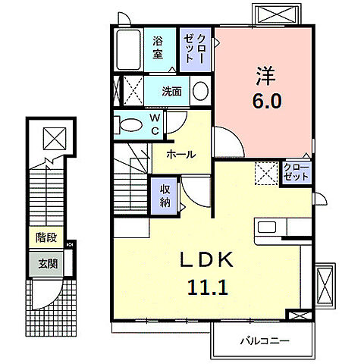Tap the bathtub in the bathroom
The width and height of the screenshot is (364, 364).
click(x=129, y=50)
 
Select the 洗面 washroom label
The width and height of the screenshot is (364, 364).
click(x=171, y=92)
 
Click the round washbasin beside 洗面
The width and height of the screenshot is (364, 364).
click(x=200, y=90)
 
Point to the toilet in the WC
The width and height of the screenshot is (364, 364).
click(x=127, y=124)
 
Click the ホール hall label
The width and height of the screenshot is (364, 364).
click(x=181, y=154)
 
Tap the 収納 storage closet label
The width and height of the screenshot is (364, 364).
click(x=165, y=196)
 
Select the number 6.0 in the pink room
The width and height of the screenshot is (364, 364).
click(x=267, y=101)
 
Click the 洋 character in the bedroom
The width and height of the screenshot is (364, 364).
click(x=265, y=75)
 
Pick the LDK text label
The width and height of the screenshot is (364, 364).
click(x=206, y=260)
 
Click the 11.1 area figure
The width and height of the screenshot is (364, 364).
click(x=208, y=287)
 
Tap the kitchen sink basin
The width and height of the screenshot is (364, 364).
click(x=267, y=227)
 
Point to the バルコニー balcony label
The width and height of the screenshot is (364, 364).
click(x=265, y=341)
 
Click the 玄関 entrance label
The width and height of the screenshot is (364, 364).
click(x=48, y=264)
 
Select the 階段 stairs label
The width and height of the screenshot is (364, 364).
click(x=46, y=237)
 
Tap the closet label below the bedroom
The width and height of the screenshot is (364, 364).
click(x=297, y=172)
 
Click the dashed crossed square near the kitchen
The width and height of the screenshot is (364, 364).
click(x=266, y=174)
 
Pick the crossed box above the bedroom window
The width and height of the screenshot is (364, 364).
click(x=278, y=14)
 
